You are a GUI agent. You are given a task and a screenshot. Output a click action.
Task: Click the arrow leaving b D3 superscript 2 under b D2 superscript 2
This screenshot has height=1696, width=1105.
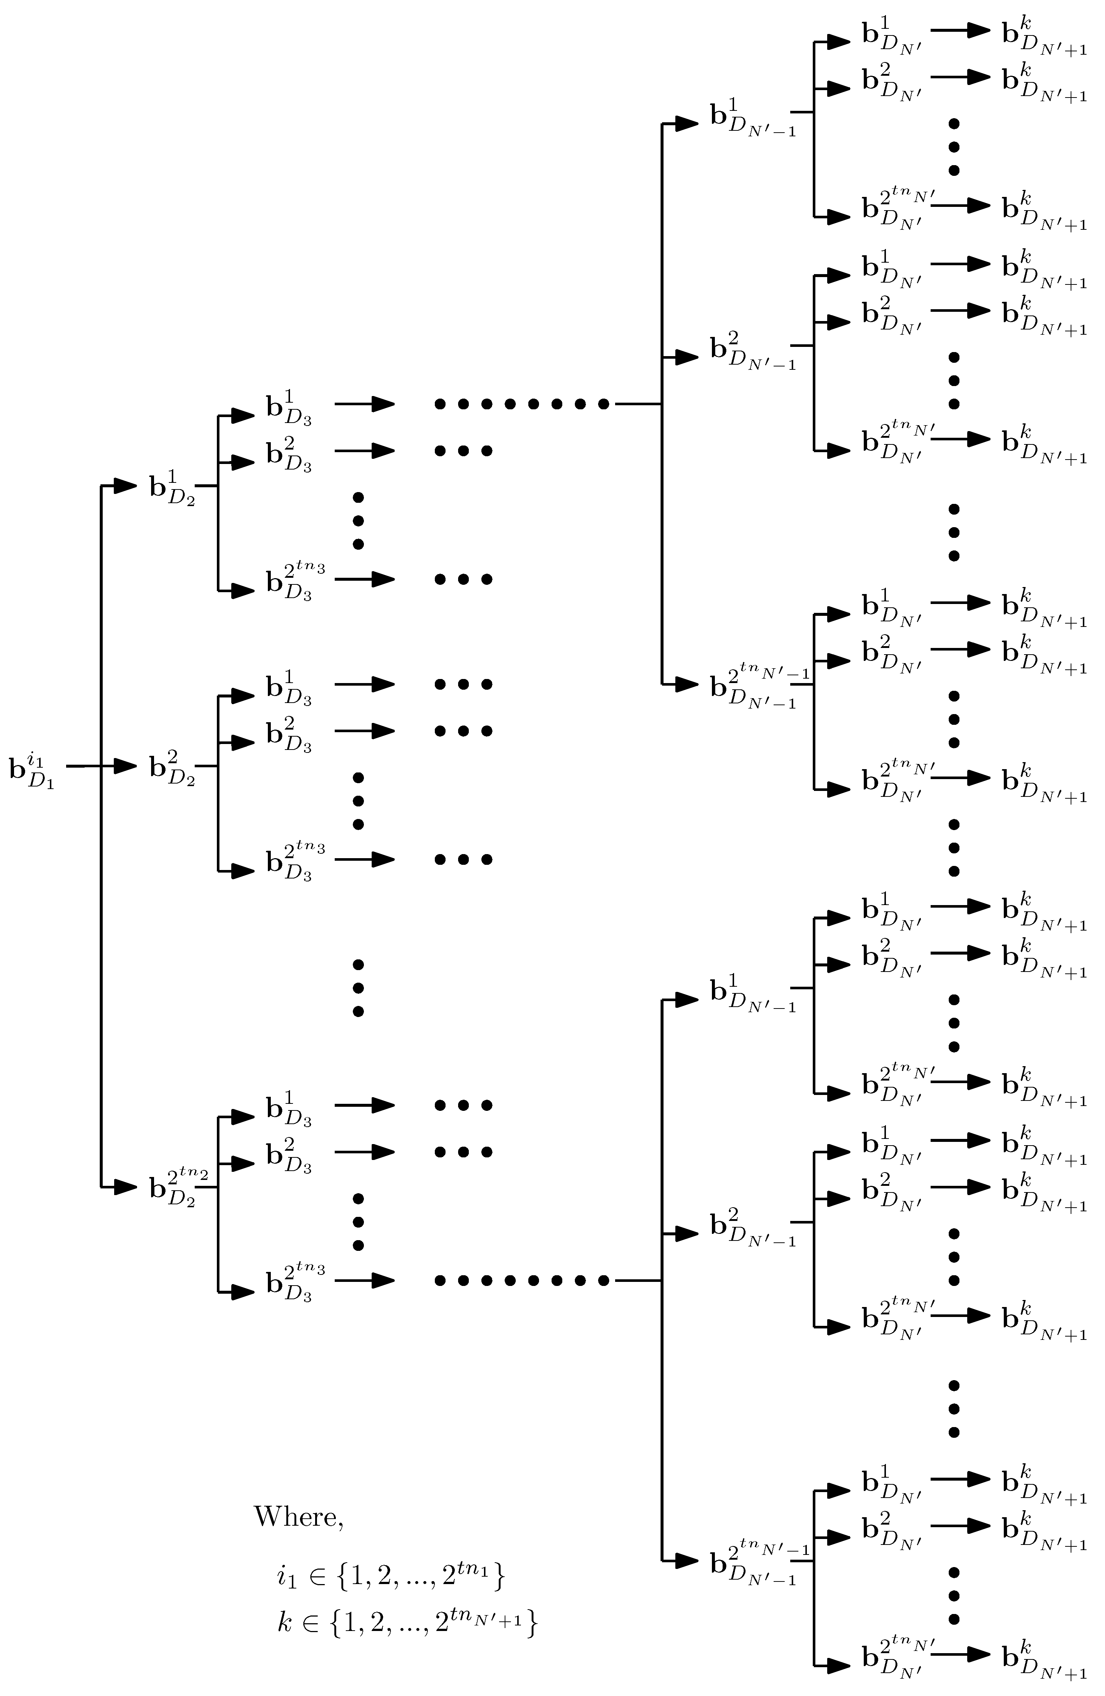(x=364, y=731)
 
